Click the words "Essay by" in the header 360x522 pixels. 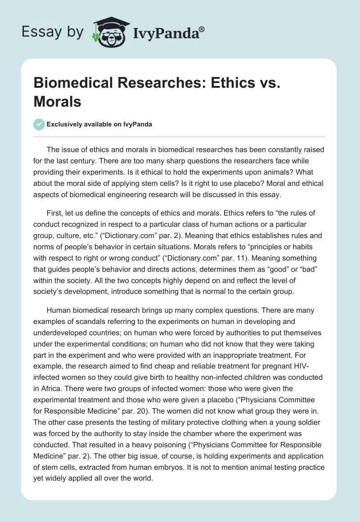(52, 32)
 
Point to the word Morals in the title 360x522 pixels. (58, 102)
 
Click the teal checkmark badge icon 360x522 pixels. (39, 124)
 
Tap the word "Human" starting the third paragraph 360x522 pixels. (59, 310)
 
